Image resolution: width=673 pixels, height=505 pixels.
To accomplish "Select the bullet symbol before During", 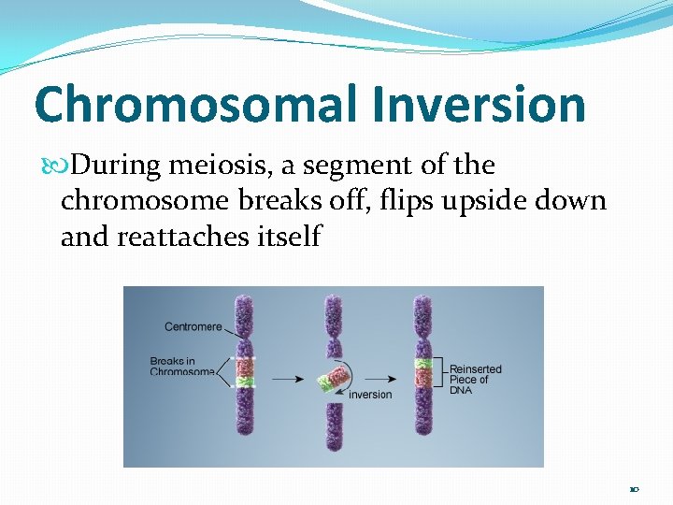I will coord(64,166).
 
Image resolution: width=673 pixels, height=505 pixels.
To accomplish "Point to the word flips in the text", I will coord(407,201).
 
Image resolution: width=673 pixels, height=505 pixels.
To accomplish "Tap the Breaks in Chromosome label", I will coord(181,366).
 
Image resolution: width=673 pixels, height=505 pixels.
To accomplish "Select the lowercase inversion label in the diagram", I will coord(370,394).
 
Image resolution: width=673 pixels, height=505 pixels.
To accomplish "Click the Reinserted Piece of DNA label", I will coord(475,379).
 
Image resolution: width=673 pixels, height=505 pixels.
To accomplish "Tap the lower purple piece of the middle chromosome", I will coord(333,426).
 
